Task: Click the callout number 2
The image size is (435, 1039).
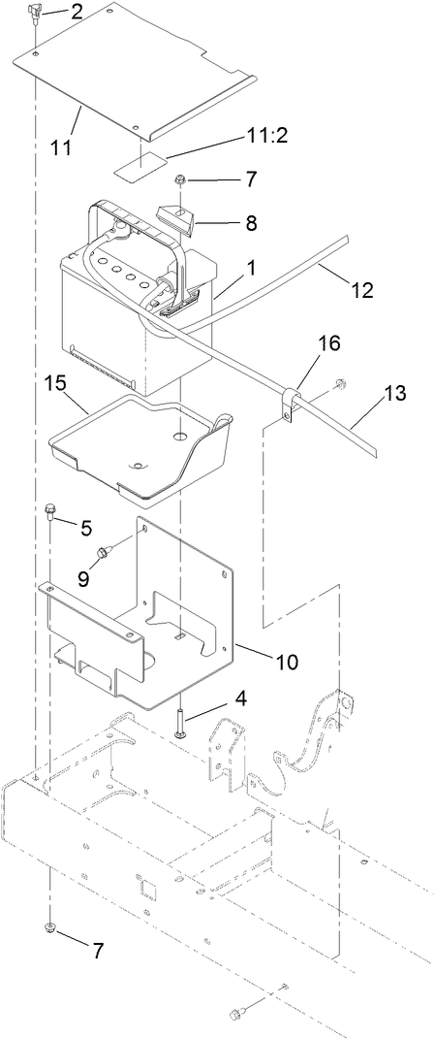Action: click(77, 11)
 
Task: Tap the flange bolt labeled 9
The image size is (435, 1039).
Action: click(102, 555)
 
